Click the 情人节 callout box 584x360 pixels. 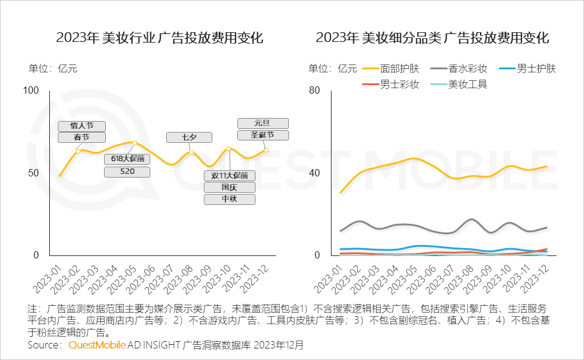pos(82,126)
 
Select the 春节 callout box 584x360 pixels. pos(82,137)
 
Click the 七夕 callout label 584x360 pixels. pos(189,137)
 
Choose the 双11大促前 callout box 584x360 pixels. pos(229,176)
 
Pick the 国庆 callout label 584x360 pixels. pos(229,187)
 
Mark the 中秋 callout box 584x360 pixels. pos(229,199)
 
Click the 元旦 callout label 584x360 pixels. pos(262,123)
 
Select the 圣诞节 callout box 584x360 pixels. pos(262,135)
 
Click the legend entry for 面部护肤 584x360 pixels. pos(389,69)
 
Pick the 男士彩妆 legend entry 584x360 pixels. pos(389,85)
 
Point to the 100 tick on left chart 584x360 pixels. pos(30,91)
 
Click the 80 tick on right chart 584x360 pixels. pos(314,91)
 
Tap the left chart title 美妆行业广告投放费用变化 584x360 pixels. pos(159,38)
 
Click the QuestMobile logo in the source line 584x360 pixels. pos(97,345)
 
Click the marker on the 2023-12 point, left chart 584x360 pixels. pos(266,150)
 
